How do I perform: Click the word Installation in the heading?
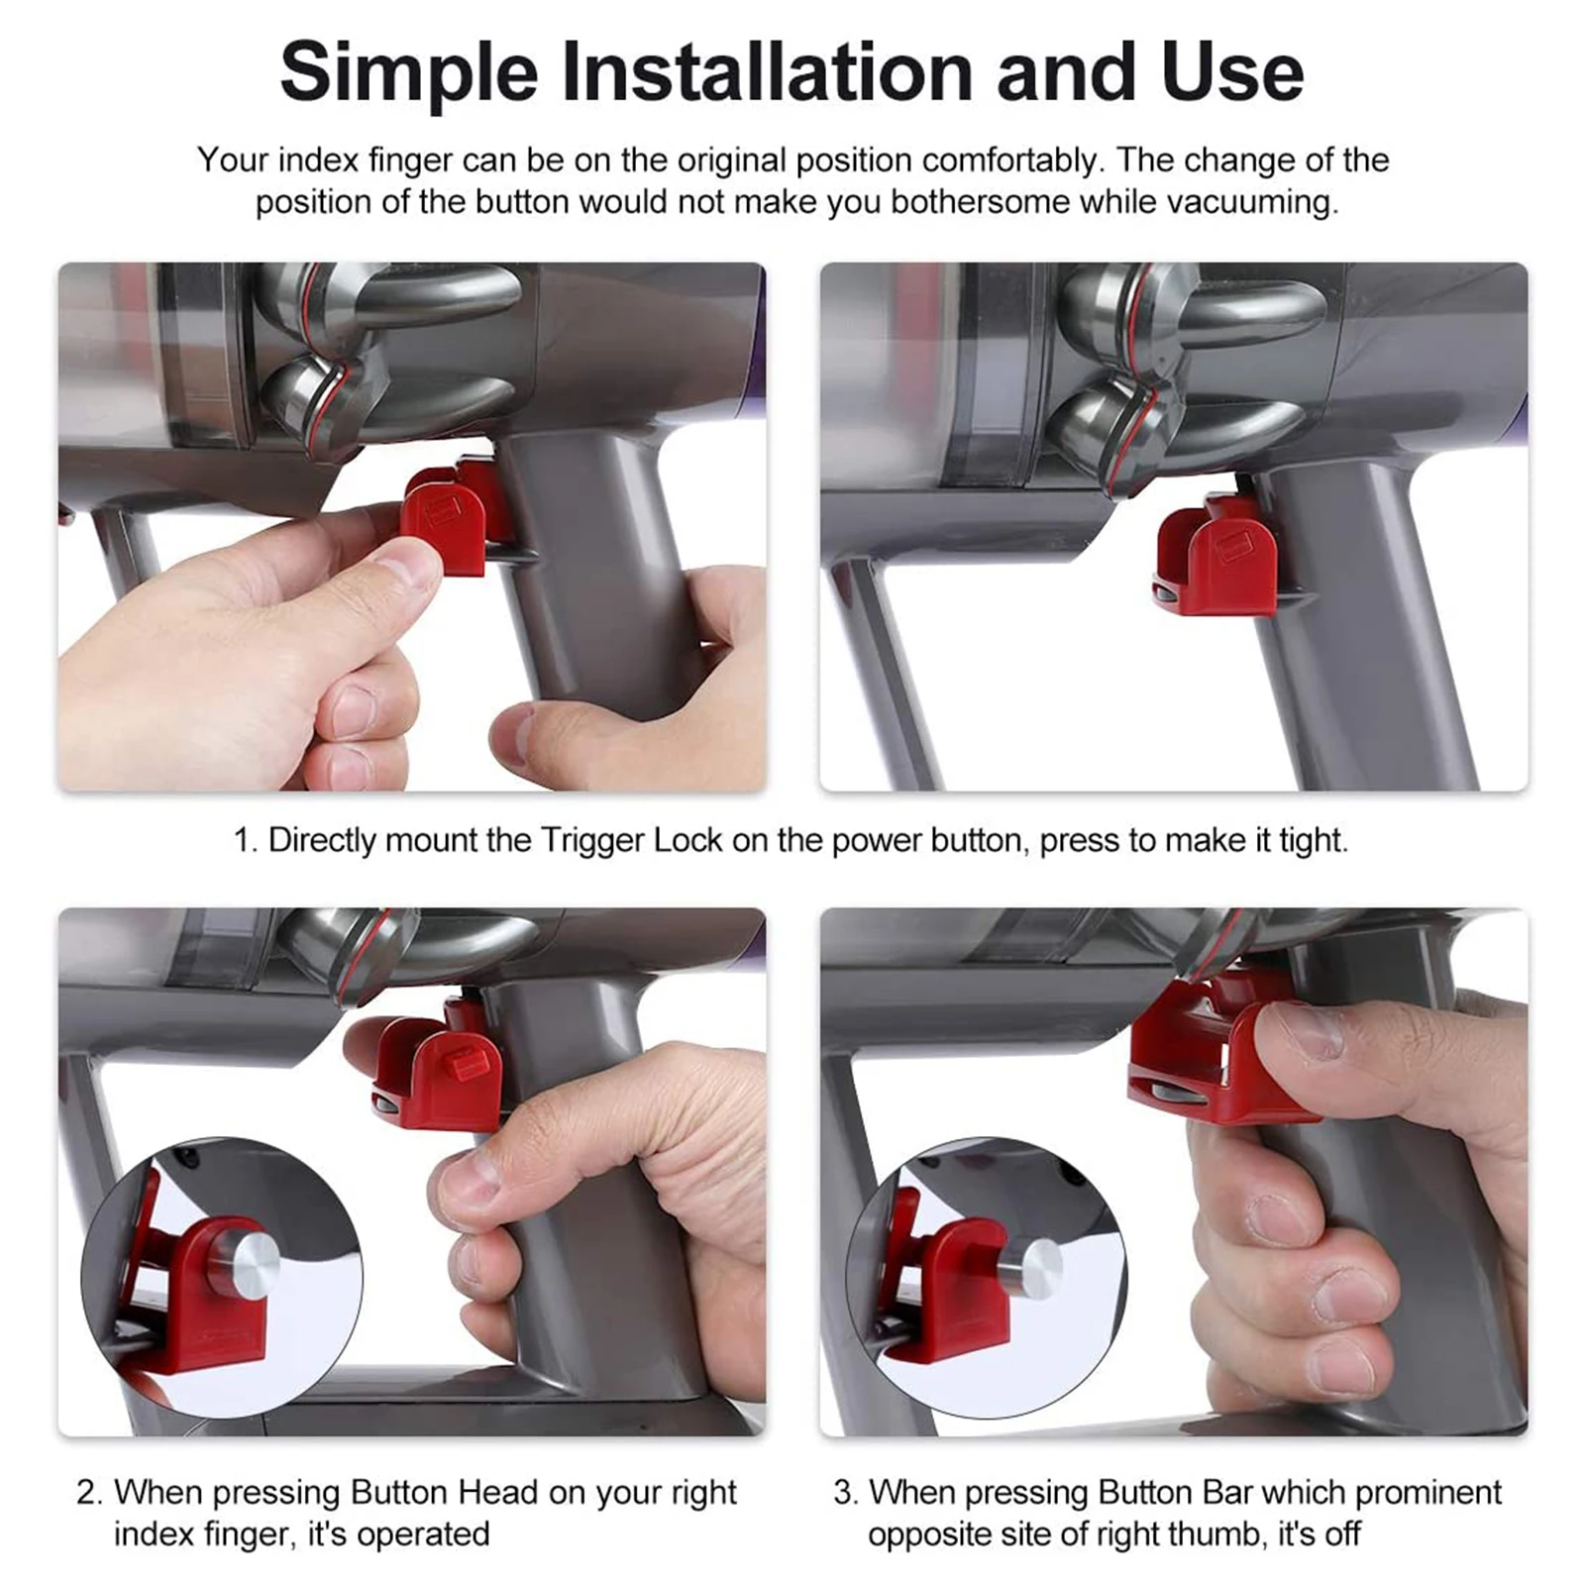(x=769, y=71)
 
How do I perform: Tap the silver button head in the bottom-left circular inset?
(x=243, y=1264)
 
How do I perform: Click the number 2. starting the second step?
(x=89, y=1492)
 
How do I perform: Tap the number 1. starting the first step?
(x=246, y=841)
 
